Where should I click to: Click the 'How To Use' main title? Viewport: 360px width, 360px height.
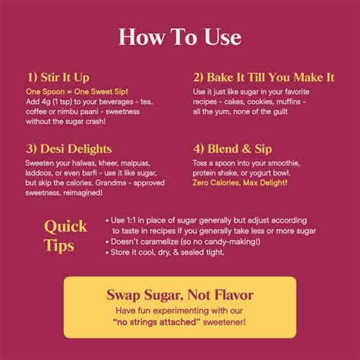[180, 38]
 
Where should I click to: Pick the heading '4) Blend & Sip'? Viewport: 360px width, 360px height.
[232, 150]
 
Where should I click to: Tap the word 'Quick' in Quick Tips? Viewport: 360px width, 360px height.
[66, 226]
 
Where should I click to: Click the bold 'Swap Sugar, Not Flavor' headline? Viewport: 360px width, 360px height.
[179, 295]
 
